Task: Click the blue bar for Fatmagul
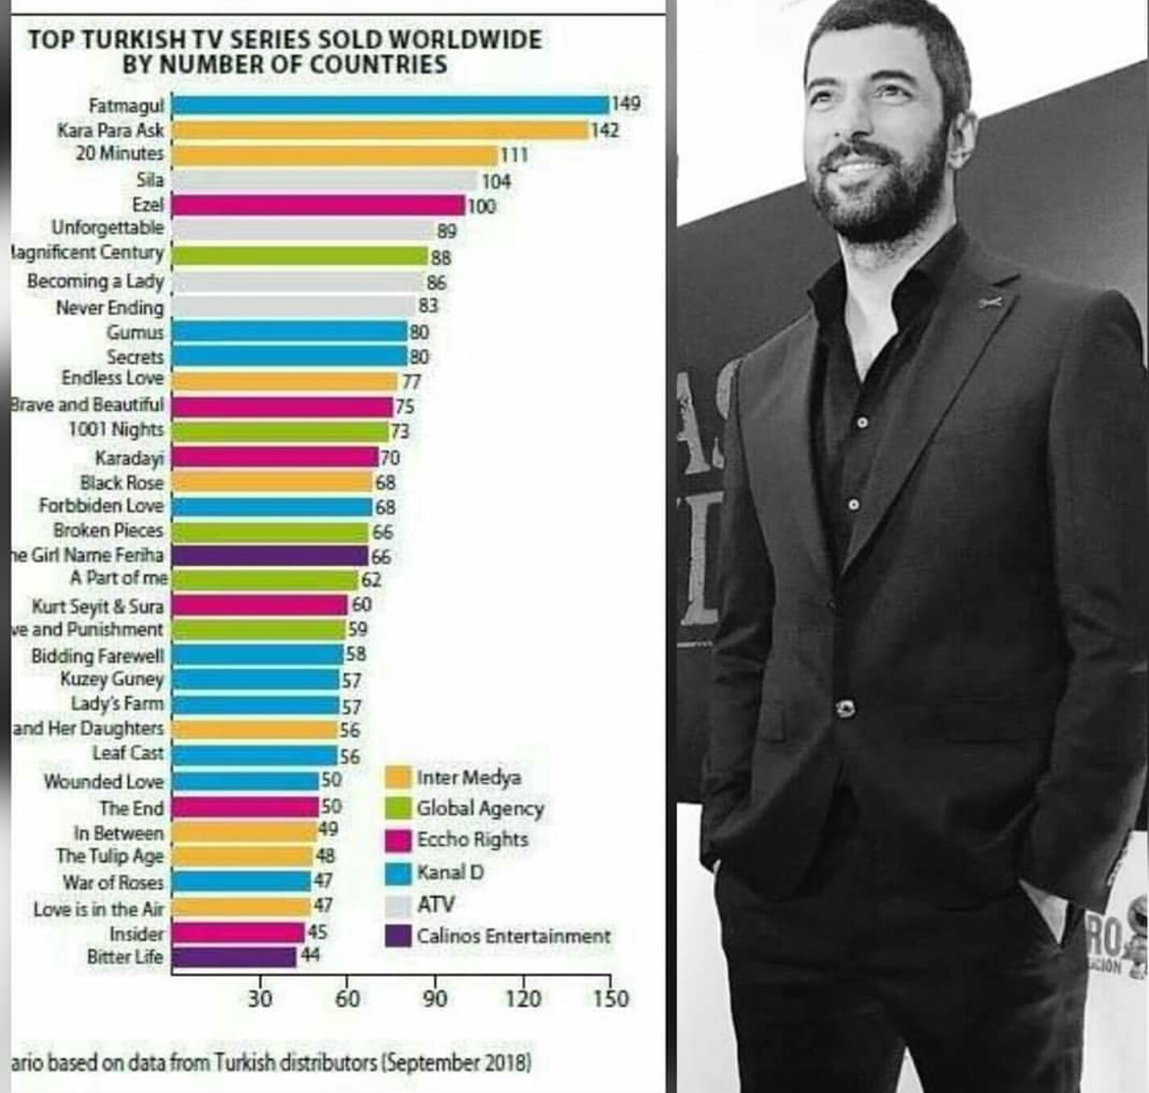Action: tap(391, 105)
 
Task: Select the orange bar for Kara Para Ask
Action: tap(380, 130)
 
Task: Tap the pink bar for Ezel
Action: tap(319, 205)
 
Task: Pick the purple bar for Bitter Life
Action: tap(234, 957)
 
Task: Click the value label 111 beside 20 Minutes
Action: tap(514, 155)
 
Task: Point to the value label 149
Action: tap(625, 103)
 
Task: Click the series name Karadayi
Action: tap(129, 458)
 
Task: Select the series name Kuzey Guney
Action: tap(112, 679)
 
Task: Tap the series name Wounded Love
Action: tap(103, 781)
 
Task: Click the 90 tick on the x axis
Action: tap(435, 999)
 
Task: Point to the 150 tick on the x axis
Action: tap(611, 999)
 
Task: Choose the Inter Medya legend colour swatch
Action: tap(399, 778)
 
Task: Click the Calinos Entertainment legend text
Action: tap(513, 936)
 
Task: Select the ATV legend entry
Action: tap(435, 904)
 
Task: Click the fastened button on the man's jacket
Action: tap(845, 709)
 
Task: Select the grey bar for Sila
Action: tap(325, 180)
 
